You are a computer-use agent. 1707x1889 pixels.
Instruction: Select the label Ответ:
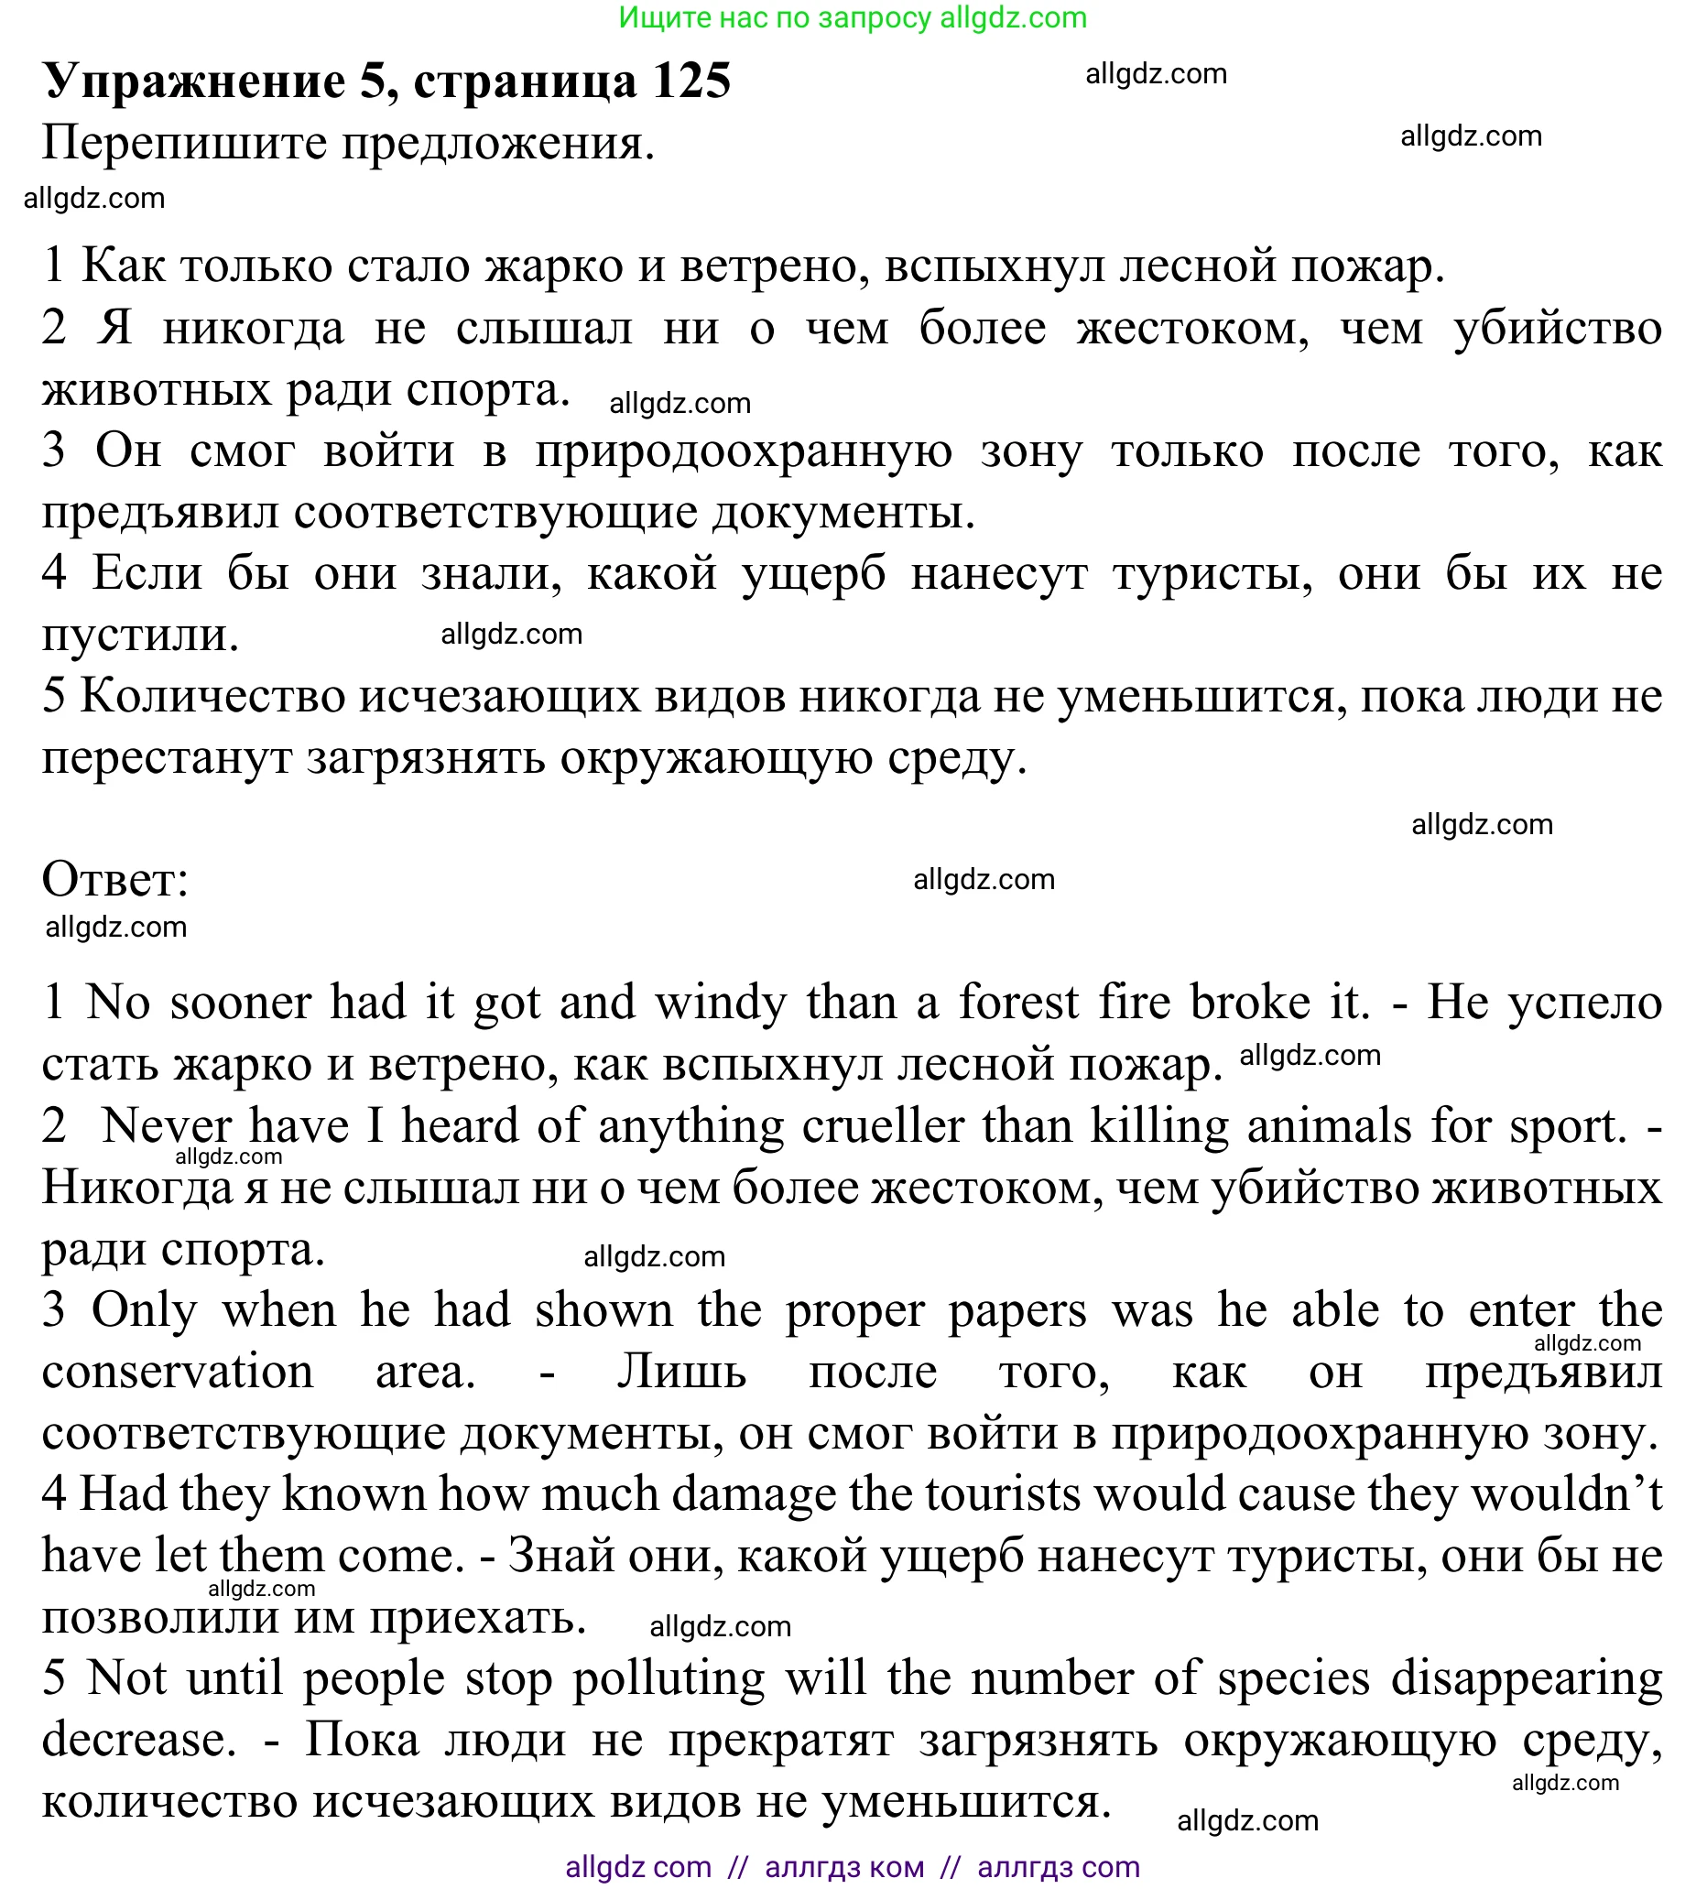[x=115, y=879]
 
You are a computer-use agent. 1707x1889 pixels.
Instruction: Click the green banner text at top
[x=852, y=17]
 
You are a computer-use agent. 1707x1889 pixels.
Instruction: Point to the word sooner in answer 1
[x=241, y=1003]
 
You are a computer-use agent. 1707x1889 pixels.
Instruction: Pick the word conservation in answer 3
[x=178, y=1373]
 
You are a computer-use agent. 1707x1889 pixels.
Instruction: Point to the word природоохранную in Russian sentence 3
[x=744, y=451]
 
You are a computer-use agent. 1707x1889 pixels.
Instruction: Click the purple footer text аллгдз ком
[x=843, y=1867]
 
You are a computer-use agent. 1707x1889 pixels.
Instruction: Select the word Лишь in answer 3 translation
[x=681, y=1373]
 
